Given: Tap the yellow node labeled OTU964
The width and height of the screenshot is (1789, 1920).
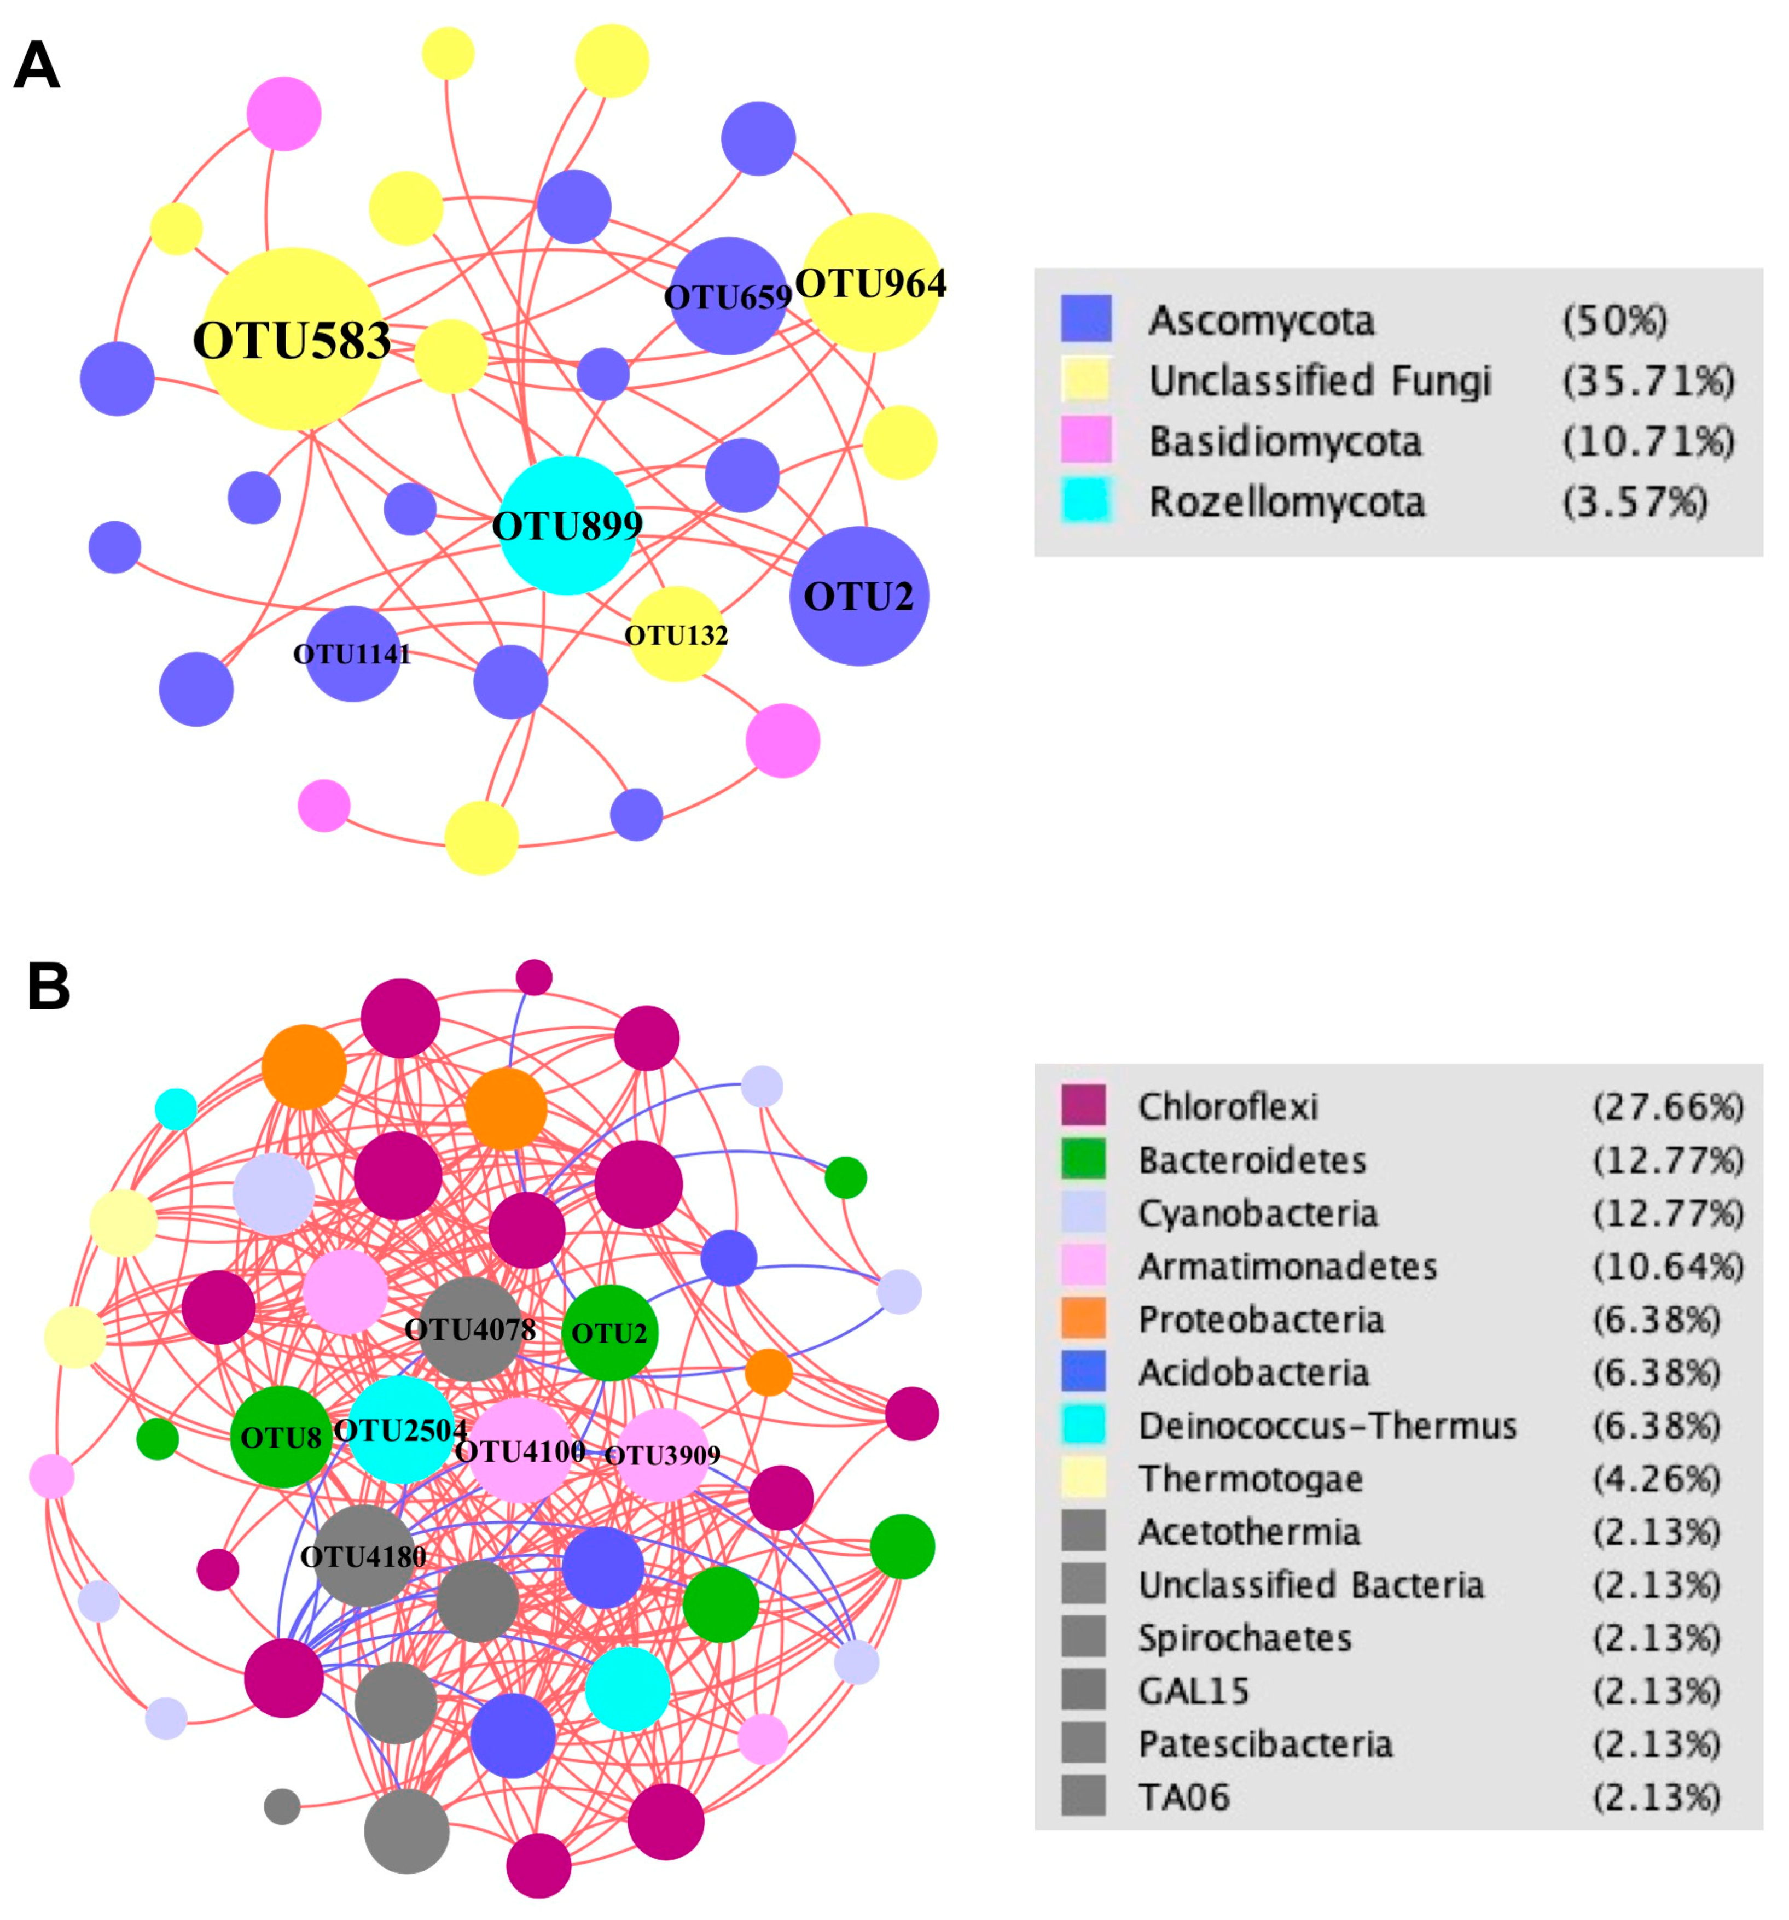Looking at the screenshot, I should (x=872, y=282).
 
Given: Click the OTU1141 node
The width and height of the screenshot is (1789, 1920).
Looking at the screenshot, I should (x=352, y=654).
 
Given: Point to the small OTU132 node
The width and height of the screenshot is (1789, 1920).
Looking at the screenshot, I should (x=676, y=634).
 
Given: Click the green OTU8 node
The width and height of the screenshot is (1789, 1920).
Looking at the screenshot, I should (x=281, y=1437).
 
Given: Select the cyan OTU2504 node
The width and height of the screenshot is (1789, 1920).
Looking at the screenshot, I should (x=400, y=1429).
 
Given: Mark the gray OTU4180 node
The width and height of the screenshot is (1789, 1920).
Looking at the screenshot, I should (x=363, y=1556).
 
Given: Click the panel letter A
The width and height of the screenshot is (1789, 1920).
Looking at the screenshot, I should (x=37, y=68).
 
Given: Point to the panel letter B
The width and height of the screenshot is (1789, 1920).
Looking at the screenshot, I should (x=48, y=989).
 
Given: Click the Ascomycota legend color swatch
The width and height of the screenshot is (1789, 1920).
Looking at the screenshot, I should (x=1086, y=319).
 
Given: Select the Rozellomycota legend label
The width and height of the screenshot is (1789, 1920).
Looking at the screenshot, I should (x=1286, y=502).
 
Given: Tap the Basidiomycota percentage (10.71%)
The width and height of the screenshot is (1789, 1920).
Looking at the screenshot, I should (x=1647, y=441).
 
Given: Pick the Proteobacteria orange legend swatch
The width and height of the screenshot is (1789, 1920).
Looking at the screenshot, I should (x=1083, y=1319).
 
